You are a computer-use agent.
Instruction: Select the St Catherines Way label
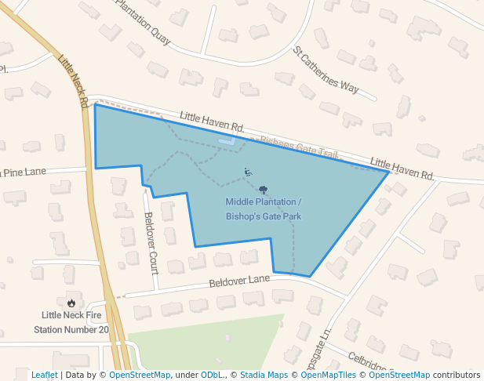(326, 70)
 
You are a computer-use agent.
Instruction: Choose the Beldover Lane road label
(239, 281)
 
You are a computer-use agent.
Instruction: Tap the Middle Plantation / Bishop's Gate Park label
(264, 209)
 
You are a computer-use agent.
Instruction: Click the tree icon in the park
(263, 190)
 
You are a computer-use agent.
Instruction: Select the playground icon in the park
(248, 172)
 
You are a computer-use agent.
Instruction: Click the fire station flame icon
(71, 303)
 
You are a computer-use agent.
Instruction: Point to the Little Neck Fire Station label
(71, 322)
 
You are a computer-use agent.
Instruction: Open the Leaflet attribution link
(44, 375)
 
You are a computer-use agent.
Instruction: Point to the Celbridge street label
(369, 362)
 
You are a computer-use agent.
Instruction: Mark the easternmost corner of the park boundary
(388, 171)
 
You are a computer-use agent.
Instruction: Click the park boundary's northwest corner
(95, 105)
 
